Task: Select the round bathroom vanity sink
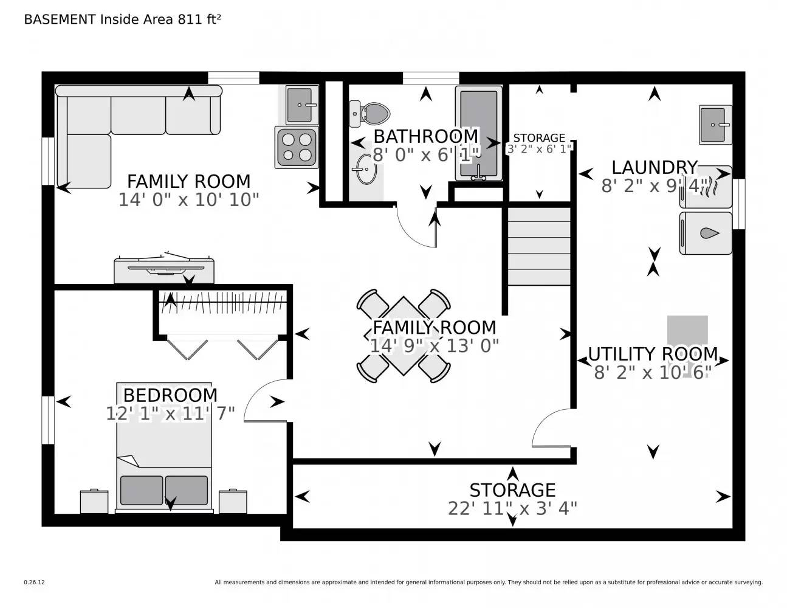365,168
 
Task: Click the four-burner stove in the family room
296,148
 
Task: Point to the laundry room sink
715,125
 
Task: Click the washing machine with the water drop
705,233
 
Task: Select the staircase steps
539,246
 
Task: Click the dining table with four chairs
404,336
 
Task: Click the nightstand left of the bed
94,502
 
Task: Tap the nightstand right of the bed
233,502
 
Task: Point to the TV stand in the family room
164,270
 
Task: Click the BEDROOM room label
170,395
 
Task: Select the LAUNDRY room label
654,167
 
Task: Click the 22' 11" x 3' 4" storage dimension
512,508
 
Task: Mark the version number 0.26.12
34,582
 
